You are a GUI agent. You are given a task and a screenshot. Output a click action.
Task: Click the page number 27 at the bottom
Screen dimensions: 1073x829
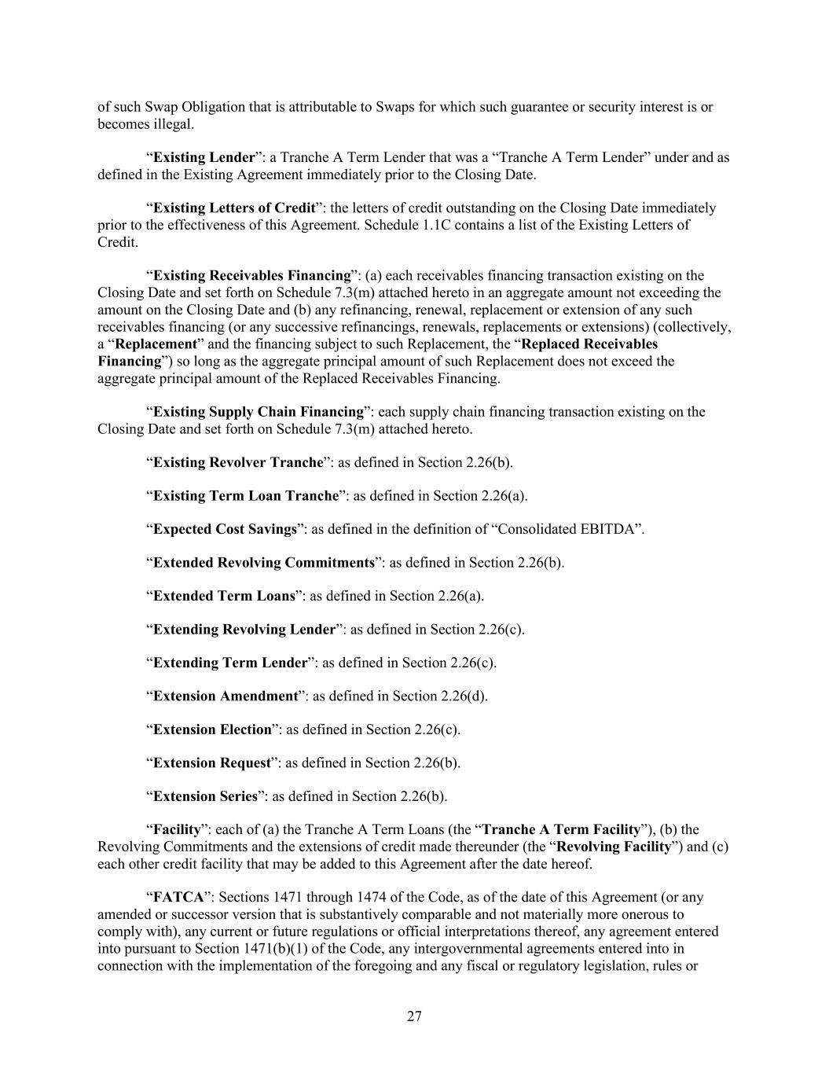(414, 1016)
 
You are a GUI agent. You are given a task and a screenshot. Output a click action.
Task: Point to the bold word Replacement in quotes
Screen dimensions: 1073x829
(156, 344)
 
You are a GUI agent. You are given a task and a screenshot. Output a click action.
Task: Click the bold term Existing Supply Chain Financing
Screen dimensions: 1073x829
(259, 412)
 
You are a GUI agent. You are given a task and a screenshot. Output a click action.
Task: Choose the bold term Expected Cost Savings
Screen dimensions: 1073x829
(225, 529)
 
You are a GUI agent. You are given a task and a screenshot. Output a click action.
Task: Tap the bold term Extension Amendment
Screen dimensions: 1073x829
(226, 696)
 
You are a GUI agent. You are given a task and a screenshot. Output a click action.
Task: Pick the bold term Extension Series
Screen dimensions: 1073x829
(205, 796)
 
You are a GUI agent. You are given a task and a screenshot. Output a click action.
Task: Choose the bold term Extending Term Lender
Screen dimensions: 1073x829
(229, 663)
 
